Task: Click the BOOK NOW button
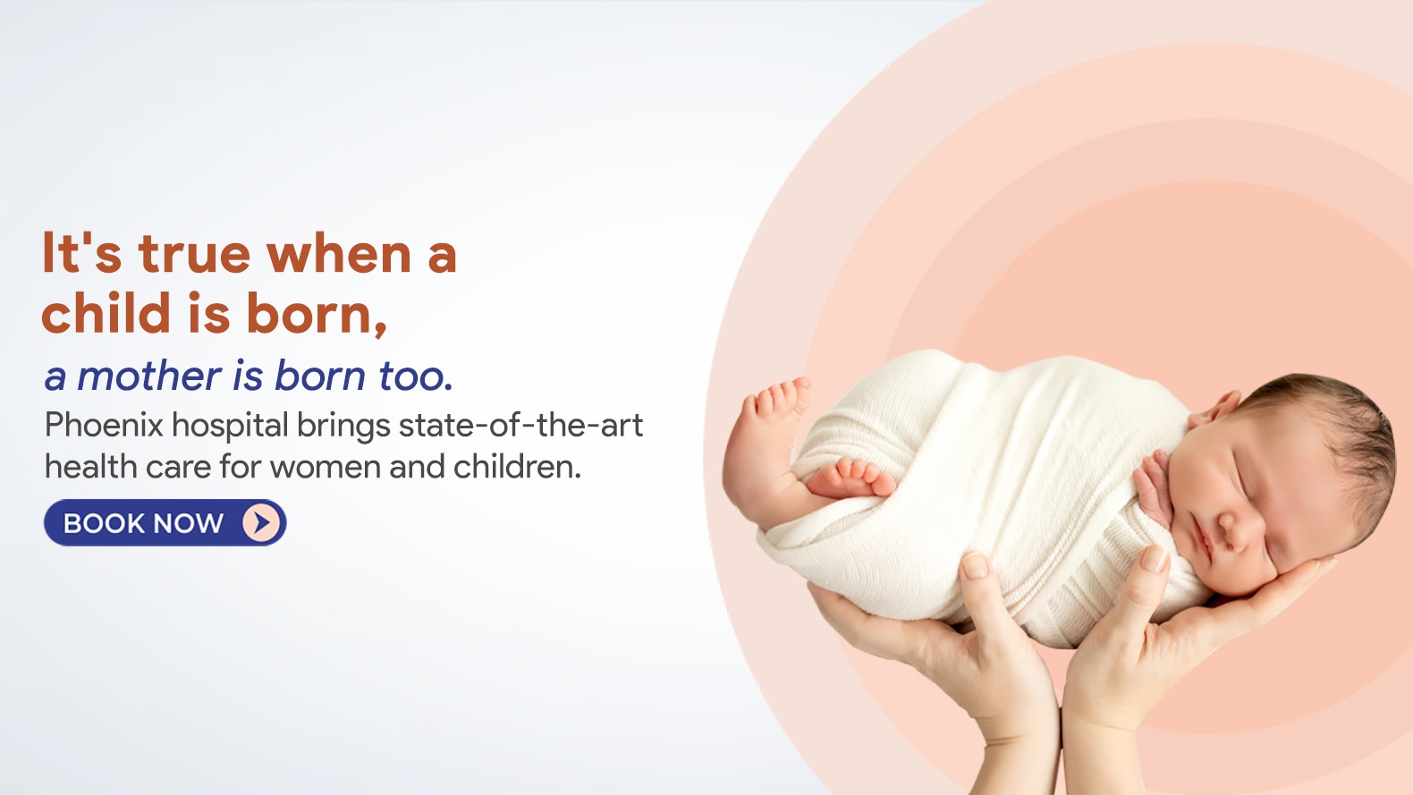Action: click(x=165, y=522)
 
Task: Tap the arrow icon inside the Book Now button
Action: click(x=261, y=522)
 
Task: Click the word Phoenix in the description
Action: click(x=105, y=426)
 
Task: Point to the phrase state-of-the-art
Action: click(x=521, y=426)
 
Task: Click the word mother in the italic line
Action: click(x=149, y=376)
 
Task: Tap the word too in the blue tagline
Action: click(x=416, y=376)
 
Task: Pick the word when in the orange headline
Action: click(x=339, y=254)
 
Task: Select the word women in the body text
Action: click(x=326, y=468)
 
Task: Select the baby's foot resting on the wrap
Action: click(x=851, y=478)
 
